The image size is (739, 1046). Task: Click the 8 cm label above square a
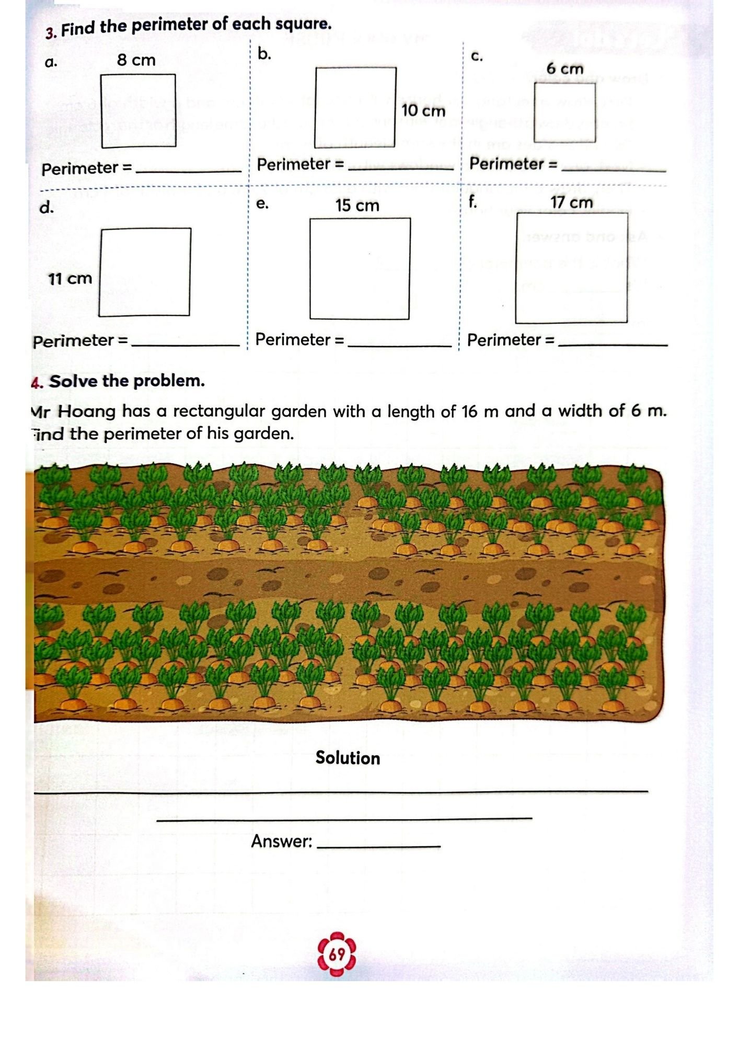136,60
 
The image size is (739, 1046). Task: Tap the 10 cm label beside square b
423,111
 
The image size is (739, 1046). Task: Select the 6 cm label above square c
564,69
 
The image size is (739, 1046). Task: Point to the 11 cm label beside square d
70,279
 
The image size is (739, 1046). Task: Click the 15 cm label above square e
357,206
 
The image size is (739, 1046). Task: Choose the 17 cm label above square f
571,202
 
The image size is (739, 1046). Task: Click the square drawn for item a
138,111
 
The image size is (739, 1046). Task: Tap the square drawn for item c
565,112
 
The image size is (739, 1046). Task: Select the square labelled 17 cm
571,268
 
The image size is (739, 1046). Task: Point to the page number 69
337,954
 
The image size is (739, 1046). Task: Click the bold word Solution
348,758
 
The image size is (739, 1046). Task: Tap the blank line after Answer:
379,845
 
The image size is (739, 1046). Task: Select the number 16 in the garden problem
470,412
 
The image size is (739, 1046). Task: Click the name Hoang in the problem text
87,412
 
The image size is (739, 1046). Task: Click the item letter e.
262,203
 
